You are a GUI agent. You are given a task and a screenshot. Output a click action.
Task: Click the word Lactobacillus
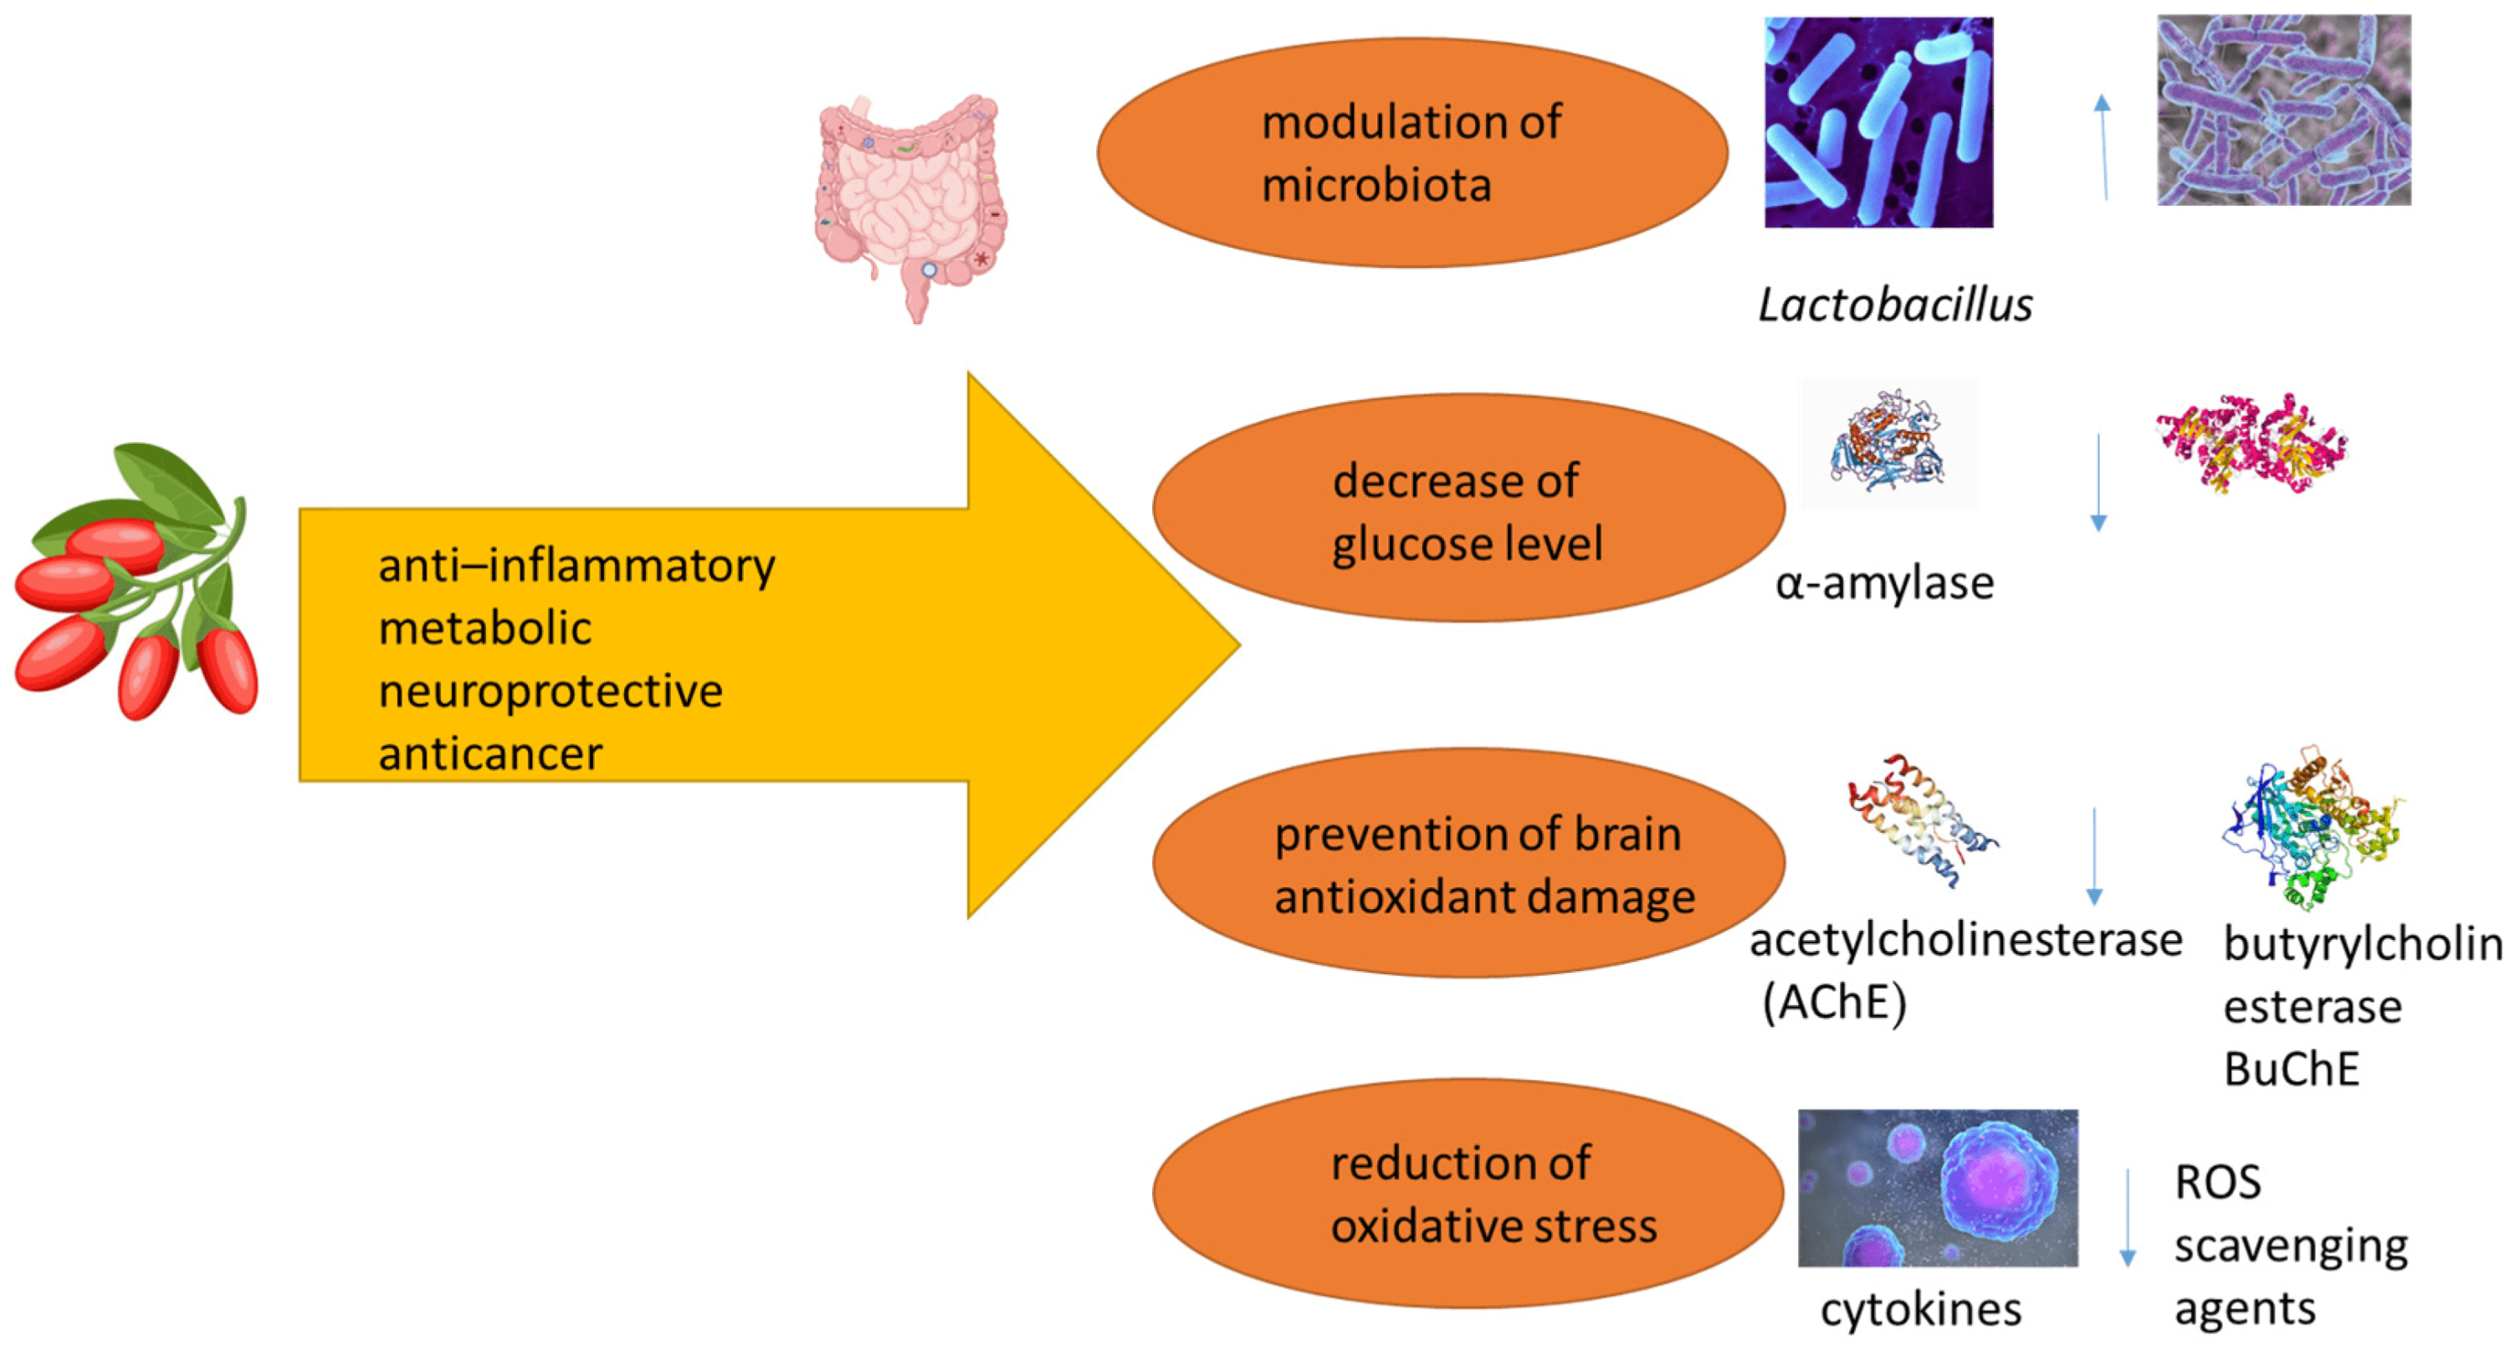pyautogui.click(x=1894, y=305)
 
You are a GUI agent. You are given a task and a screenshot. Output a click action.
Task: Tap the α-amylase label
pyautogui.click(x=1884, y=583)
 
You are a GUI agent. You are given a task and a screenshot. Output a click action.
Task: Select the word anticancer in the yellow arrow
pyautogui.click(x=490, y=753)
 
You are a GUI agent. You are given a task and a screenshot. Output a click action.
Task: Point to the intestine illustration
pyautogui.click(x=910, y=205)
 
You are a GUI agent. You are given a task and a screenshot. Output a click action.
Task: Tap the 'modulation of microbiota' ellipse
pyautogui.click(x=1412, y=153)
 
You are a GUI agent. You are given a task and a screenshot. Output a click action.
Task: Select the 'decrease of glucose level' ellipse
pyautogui.click(x=1468, y=508)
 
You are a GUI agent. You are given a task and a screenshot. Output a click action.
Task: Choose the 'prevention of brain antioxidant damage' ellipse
pyautogui.click(x=1468, y=863)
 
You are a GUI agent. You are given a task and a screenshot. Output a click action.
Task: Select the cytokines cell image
pyautogui.click(x=1937, y=1187)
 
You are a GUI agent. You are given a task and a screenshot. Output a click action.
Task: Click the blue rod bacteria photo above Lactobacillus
pyautogui.click(x=1878, y=123)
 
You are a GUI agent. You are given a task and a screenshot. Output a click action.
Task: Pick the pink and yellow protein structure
pyautogui.click(x=2251, y=444)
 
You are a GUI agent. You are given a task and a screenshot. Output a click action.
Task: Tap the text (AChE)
pyautogui.click(x=1834, y=1002)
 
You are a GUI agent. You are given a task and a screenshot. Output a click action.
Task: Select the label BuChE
pyautogui.click(x=2291, y=1069)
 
